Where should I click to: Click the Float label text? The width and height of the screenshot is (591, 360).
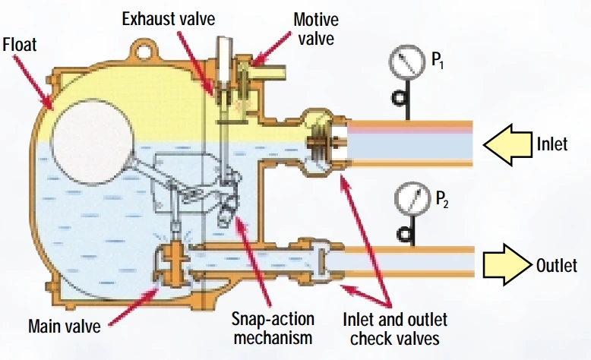[x=20, y=45]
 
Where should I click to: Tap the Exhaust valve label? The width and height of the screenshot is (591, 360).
[x=169, y=19]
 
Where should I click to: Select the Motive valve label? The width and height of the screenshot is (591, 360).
[x=316, y=29]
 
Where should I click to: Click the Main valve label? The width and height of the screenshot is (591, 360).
[x=65, y=326]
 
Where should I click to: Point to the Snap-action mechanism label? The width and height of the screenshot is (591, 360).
[x=273, y=328]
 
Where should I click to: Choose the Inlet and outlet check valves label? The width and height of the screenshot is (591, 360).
[x=394, y=329]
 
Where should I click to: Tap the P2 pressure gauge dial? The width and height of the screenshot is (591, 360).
[x=412, y=198]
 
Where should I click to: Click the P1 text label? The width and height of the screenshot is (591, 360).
[x=438, y=60]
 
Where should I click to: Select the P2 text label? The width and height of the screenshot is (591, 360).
[x=442, y=199]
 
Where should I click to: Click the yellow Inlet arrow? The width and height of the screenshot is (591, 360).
[x=507, y=145]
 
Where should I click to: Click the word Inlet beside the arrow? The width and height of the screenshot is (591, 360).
[x=552, y=144]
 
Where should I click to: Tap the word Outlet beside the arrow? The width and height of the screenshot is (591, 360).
[x=557, y=265]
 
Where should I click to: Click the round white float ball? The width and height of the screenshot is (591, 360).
[x=93, y=142]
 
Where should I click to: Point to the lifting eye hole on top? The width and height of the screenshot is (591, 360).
[x=144, y=52]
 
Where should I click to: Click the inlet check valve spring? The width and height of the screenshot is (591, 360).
[x=319, y=143]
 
